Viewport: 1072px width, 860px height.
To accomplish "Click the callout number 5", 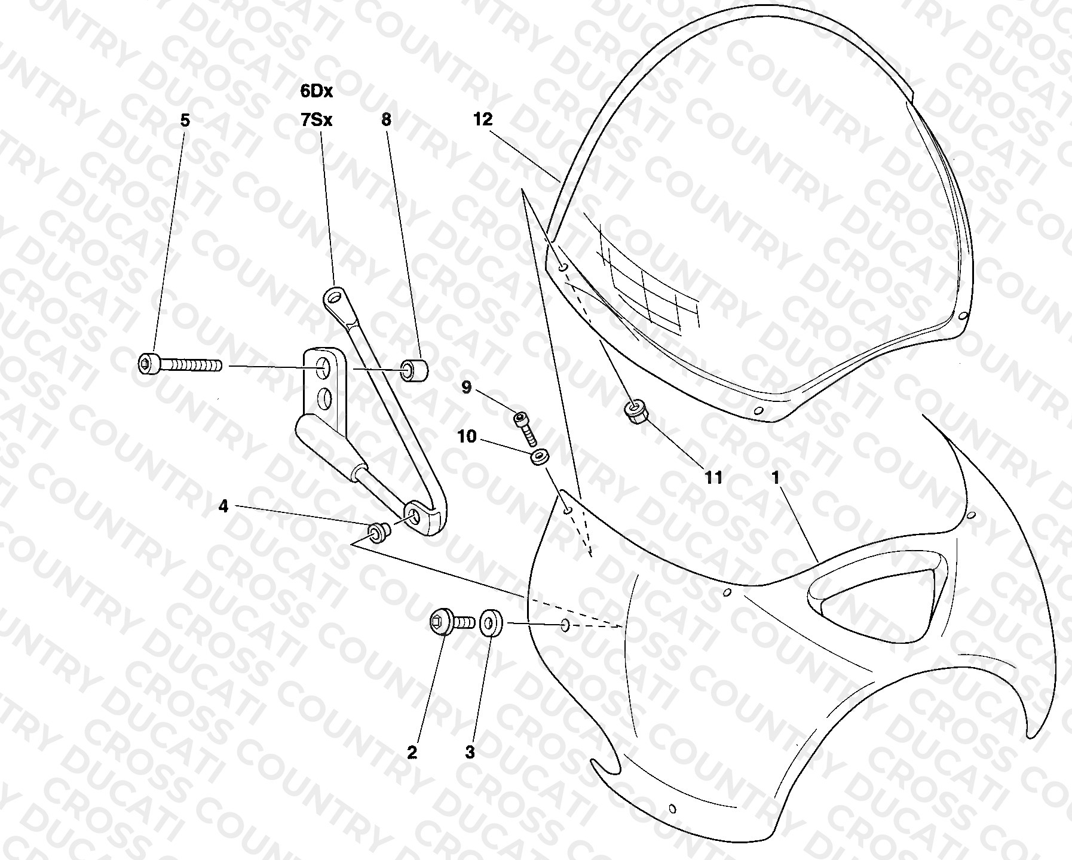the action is [185, 121].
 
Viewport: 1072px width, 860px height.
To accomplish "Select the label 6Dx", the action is [317, 91].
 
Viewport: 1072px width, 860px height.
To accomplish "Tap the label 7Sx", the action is [317, 120].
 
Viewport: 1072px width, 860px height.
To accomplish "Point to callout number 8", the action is [386, 119].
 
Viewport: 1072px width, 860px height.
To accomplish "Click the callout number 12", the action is [483, 119].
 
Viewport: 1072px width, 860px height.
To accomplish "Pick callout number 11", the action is [713, 477].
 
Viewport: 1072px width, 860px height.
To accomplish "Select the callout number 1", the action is [776, 477].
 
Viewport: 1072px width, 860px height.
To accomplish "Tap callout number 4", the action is [223, 506].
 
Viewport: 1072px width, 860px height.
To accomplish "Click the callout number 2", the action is [412, 752].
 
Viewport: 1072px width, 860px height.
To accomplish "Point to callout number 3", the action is [470, 752].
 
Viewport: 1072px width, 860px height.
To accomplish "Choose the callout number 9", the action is [467, 388].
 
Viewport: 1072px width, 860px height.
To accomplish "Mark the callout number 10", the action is [467, 437].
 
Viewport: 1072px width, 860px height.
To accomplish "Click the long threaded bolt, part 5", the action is [179, 364].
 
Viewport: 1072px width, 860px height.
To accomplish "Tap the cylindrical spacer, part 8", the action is [415, 370].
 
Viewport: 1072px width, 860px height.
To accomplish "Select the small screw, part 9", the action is [525, 427].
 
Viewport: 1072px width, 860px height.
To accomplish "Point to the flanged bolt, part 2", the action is [452, 623].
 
